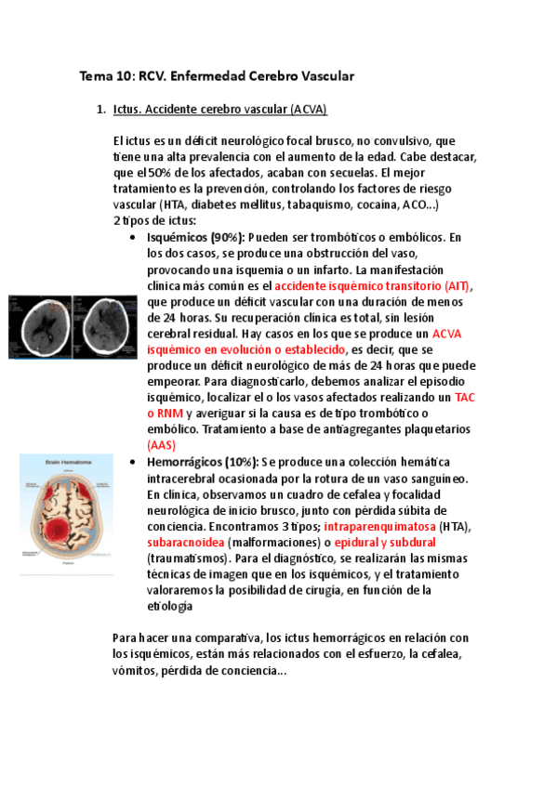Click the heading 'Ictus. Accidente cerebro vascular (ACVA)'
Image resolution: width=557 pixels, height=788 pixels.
(219, 110)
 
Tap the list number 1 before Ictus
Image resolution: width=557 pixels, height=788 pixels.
(100, 110)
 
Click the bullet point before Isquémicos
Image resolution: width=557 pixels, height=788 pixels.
(138, 238)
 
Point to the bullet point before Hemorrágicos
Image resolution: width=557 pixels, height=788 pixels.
(138, 463)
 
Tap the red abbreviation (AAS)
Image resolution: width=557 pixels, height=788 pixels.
(161, 445)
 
